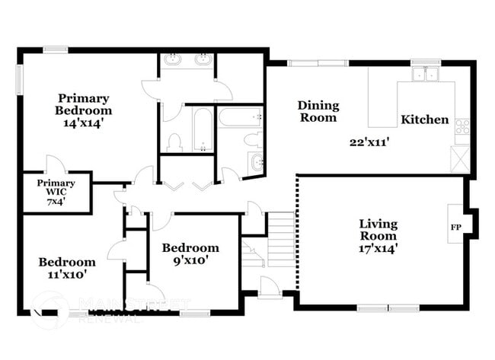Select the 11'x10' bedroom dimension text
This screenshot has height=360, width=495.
pos(67,274)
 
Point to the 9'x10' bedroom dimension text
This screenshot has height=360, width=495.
pos(190,260)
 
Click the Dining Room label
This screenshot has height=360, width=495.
pos(318,111)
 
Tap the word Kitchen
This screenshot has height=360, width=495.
pos(425,119)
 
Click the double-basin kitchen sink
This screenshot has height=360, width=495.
pos(425,75)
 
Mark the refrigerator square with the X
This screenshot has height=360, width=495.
pos(461,159)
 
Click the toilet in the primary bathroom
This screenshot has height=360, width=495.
pos(174,142)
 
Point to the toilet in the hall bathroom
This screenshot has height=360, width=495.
pos(251,139)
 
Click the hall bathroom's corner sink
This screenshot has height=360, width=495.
pos(256,161)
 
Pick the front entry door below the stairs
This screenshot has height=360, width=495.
pos(270,286)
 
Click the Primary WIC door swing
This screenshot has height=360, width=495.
pos(54,164)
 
